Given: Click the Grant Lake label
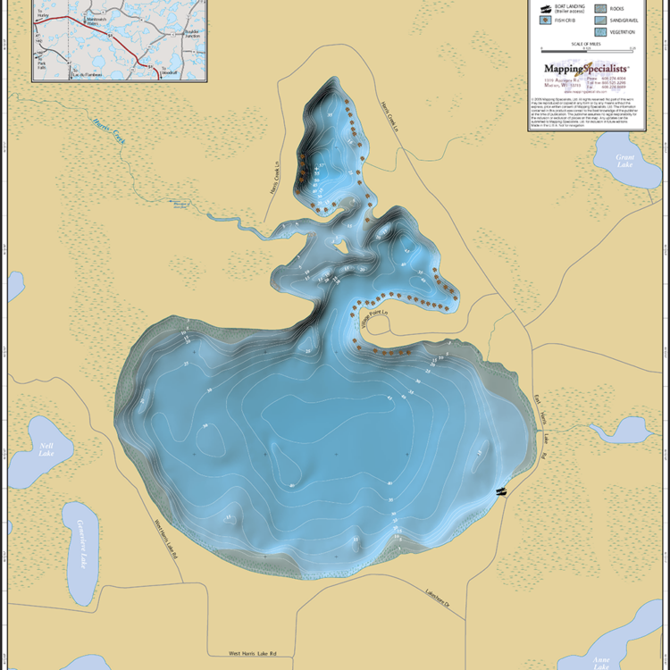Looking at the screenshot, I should tap(624, 162).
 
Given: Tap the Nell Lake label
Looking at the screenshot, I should tap(46, 449).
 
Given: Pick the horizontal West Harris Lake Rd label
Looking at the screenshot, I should tap(252, 654).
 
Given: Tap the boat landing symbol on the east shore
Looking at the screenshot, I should tap(501, 490).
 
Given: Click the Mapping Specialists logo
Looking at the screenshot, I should tap(586, 68).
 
